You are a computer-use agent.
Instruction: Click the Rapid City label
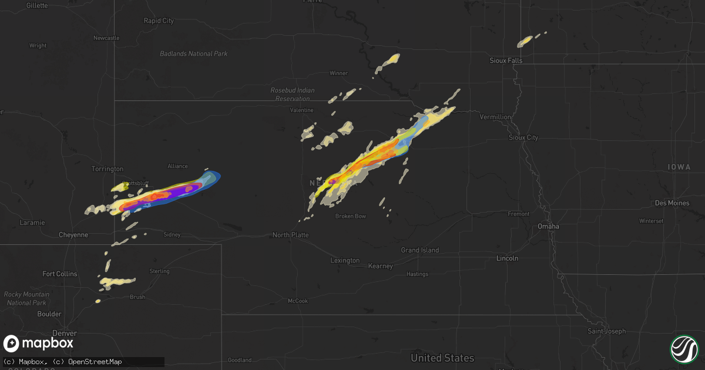(x=159, y=21)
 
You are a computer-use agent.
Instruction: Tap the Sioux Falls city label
(x=506, y=60)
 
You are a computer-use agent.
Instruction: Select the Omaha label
(x=548, y=226)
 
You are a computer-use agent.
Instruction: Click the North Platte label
(x=291, y=235)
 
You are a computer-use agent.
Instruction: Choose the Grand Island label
(x=419, y=250)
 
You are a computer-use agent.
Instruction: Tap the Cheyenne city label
(x=73, y=235)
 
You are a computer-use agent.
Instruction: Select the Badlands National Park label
(x=193, y=54)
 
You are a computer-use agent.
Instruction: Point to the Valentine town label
(x=302, y=110)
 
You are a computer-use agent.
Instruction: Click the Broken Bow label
(x=351, y=216)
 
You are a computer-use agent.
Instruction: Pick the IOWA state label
(x=679, y=167)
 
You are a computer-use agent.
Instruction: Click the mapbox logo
(x=39, y=344)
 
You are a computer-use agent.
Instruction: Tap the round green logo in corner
(x=684, y=348)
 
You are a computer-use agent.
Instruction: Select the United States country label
(x=442, y=358)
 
